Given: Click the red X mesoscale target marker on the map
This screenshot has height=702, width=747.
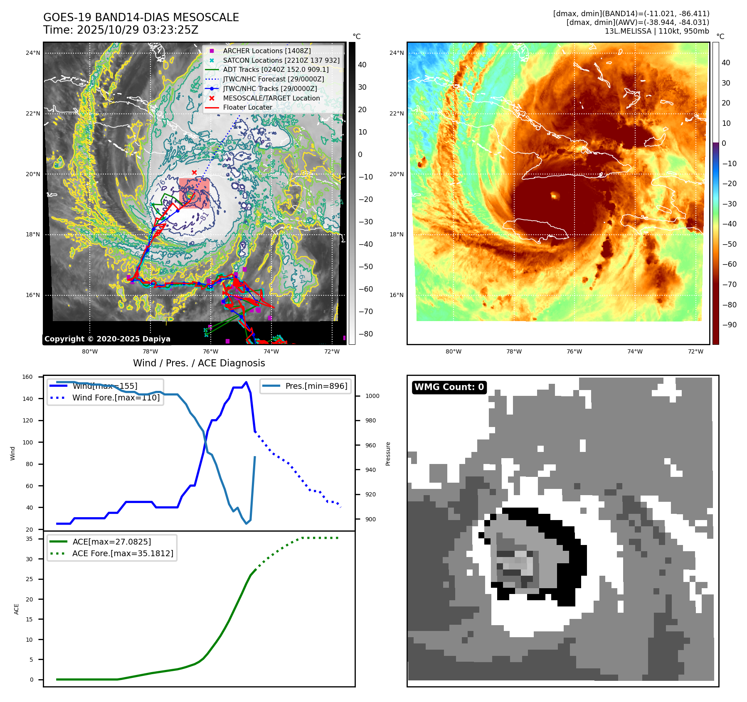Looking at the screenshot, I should [x=194, y=172].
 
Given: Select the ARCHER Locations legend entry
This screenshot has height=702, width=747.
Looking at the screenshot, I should [x=266, y=51].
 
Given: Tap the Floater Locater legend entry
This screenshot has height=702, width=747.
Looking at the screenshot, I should [x=247, y=107].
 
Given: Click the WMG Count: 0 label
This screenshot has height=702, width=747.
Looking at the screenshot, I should [x=449, y=387].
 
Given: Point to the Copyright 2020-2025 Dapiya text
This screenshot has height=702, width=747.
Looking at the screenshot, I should [x=107, y=339].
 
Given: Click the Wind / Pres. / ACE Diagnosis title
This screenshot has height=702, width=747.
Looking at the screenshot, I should [x=199, y=363].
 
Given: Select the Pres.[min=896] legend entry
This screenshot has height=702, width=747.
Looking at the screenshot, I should [x=316, y=386].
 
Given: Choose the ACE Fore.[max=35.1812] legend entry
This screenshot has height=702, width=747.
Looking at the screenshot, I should [x=122, y=553].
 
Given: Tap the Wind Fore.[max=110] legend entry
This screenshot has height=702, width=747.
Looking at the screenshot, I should [x=116, y=398].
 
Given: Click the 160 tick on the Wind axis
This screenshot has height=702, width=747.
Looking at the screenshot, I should [x=27, y=377].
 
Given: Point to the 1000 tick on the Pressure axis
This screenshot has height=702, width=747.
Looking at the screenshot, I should [x=372, y=396].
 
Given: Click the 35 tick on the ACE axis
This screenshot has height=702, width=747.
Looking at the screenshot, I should [x=29, y=539].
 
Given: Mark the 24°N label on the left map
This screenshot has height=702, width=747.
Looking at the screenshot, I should [x=33, y=53].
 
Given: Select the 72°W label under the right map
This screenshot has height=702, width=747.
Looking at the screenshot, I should [x=695, y=351].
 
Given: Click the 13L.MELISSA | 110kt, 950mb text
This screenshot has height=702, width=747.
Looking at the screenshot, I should [x=657, y=31].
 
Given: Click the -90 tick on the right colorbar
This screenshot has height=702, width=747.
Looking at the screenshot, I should [x=729, y=324].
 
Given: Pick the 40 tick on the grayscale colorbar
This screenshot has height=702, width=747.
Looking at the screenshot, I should [x=362, y=64].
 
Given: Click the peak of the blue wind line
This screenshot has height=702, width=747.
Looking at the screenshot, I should [x=246, y=382].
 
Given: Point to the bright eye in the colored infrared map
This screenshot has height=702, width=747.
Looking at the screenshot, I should [x=554, y=195].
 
